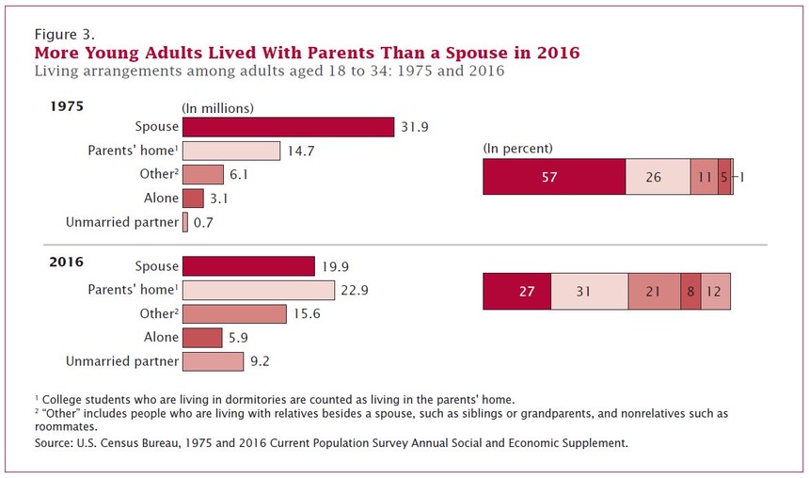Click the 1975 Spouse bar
coord(288,127)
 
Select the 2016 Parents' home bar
coord(258,290)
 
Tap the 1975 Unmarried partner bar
coord(185,222)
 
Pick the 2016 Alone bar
coord(201,337)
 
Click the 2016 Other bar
coord(234,313)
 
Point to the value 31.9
coord(415,127)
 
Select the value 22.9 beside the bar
coord(355,290)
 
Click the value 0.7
coord(205,222)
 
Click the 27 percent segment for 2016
coord(516,291)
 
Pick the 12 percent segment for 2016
coord(716,291)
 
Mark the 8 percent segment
coord(690,291)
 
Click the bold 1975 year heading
coord(67,106)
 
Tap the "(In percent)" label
coord(517,148)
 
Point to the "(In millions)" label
coord(217,107)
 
